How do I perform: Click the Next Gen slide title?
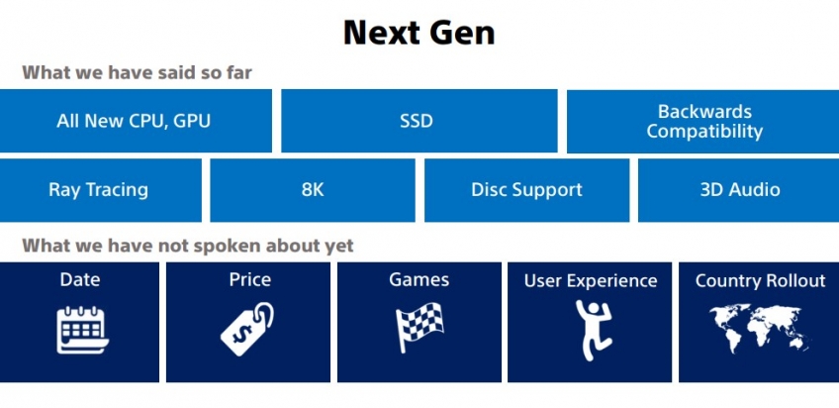(419, 33)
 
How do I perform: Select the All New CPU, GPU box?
(136, 121)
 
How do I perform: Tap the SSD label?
(417, 121)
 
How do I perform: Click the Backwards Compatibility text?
(704, 121)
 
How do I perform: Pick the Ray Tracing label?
(99, 189)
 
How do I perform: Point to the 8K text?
(313, 189)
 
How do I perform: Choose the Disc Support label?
(526, 189)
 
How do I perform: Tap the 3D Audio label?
(740, 189)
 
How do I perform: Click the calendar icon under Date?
(82, 330)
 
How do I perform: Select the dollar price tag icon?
(246, 329)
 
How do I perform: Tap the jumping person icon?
(593, 329)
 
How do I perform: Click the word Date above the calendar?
(80, 279)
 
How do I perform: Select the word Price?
(250, 279)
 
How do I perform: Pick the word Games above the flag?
(419, 279)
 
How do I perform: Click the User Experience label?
(591, 281)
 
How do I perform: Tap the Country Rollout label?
(760, 280)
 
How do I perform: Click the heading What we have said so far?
(137, 72)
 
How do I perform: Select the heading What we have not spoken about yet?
(188, 246)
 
